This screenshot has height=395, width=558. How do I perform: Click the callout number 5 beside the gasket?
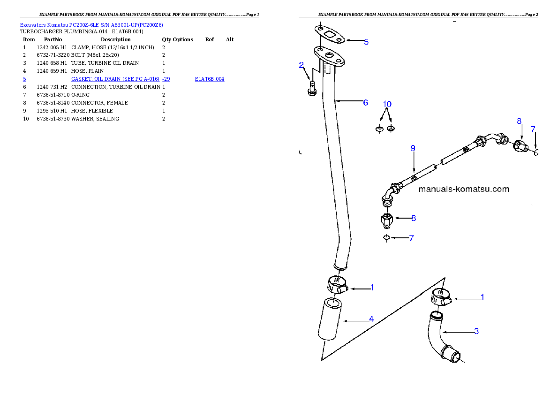pos(366,42)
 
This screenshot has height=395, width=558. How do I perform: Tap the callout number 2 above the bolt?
pos(302,66)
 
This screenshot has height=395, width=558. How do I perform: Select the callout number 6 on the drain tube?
pos(366,102)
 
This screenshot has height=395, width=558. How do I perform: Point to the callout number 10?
pos(387,104)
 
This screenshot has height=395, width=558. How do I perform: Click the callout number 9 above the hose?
pos(413,148)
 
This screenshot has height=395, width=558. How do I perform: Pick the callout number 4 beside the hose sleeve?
pos(371,319)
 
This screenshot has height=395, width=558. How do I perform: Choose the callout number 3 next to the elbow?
pos(476,331)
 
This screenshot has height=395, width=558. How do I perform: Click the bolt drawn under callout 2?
pos(311,88)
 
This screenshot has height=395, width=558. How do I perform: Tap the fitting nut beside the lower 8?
pos(387,219)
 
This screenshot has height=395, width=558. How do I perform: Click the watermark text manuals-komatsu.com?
pos(463,190)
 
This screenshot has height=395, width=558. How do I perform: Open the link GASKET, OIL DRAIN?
pos(120,79)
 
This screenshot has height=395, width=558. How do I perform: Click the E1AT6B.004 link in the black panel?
pos(210,79)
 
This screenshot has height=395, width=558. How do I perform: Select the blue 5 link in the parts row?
pos(24,79)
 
